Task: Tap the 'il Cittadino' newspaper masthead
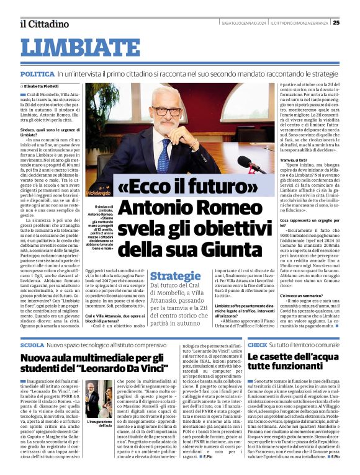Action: coord(44,24)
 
